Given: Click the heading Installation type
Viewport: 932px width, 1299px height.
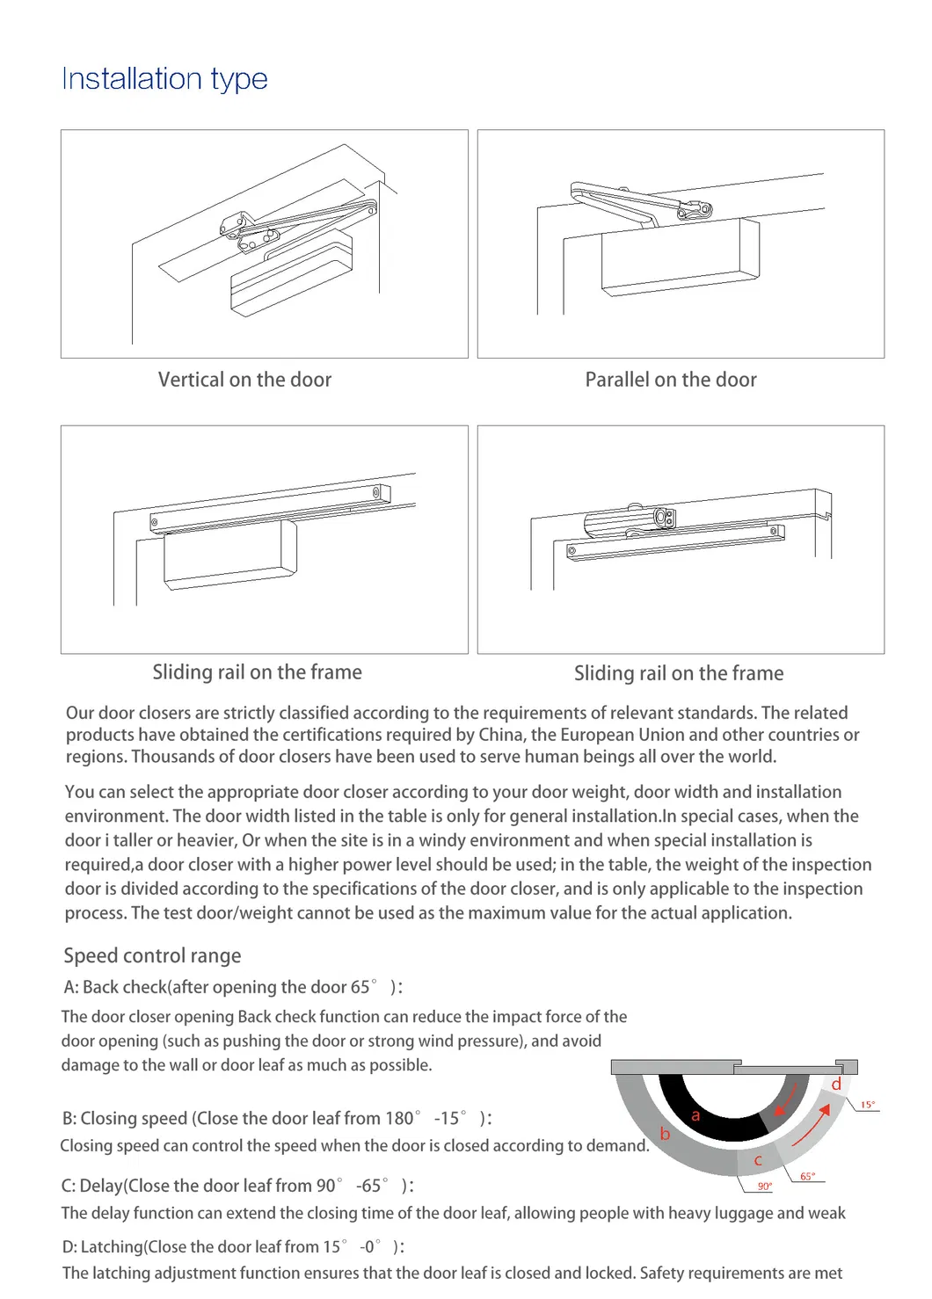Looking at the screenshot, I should (164, 79).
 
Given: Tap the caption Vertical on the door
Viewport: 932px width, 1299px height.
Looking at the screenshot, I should (244, 380).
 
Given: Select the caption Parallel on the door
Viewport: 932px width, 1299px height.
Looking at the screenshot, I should (671, 380).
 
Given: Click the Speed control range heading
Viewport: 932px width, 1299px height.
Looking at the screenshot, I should (152, 955).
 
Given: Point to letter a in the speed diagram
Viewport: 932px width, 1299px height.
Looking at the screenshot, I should (695, 1115).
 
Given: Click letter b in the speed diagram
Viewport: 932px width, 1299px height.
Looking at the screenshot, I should (665, 1134).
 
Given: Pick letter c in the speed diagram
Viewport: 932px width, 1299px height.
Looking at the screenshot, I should (758, 1160).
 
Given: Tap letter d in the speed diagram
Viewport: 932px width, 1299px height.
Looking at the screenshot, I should (836, 1085).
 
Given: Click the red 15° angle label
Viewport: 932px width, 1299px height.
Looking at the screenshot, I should (867, 1105).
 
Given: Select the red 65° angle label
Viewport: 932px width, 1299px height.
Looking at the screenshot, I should (807, 1176).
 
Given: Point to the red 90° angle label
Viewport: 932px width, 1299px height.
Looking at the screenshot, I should (765, 1187).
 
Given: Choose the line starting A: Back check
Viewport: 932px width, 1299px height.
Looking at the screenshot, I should (233, 987).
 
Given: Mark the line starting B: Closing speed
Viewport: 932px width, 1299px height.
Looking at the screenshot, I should (277, 1118).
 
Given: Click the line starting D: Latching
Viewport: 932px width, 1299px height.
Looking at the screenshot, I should (233, 1246).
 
